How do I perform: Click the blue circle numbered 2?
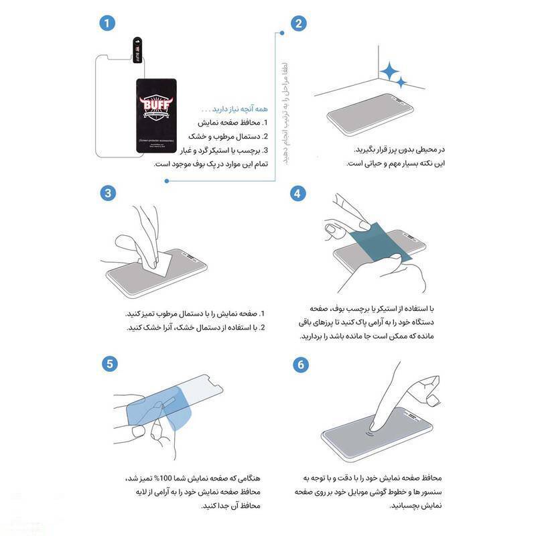pyautogui.click(x=299, y=23)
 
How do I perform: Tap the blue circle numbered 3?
pyautogui.click(x=107, y=193)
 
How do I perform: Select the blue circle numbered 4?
pyautogui.click(x=299, y=193)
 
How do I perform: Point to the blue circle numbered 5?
pyautogui.click(x=107, y=364)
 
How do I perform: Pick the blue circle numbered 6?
pyautogui.click(x=299, y=364)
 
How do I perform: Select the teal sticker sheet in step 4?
pyautogui.click(x=379, y=236)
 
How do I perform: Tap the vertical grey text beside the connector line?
pyautogui.click(x=284, y=111)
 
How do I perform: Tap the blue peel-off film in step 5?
pyautogui.click(x=151, y=407)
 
